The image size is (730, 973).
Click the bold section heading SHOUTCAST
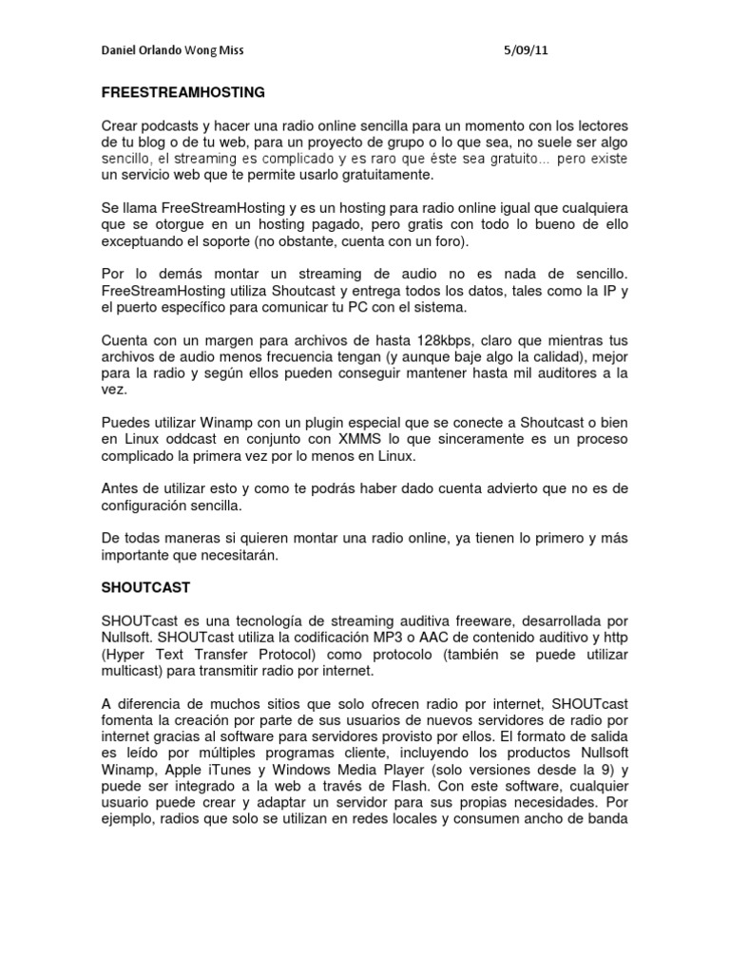click(145, 589)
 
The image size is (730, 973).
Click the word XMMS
click(338, 440)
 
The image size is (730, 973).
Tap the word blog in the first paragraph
click(135, 143)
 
